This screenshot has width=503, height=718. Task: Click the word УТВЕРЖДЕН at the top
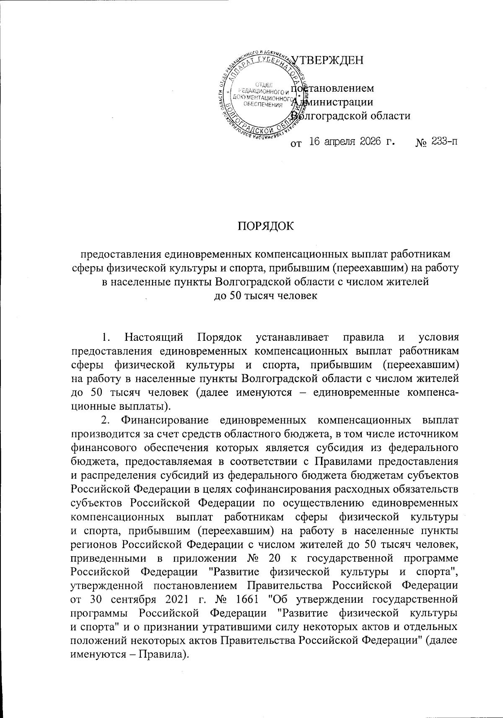328,60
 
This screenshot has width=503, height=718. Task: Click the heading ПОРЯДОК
266,226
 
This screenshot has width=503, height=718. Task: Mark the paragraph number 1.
106,337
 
